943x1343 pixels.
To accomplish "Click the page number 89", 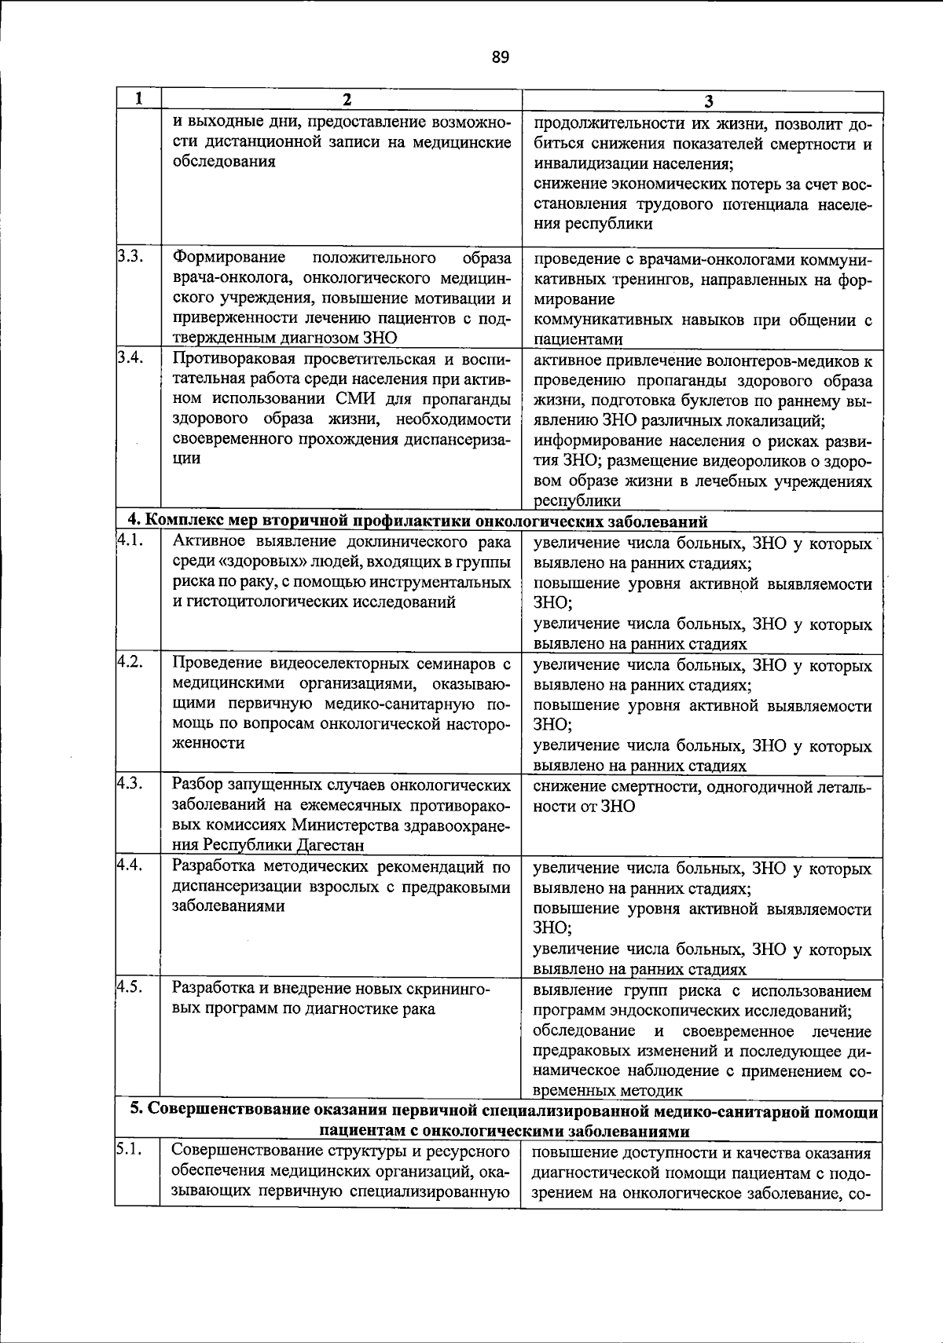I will [x=501, y=57].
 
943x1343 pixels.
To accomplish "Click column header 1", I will [x=138, y=99].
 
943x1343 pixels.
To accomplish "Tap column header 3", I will [x=708, y=101].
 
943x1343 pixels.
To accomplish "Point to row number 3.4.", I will [x=130, y=358].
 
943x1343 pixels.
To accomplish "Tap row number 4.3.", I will [x=130, y=783].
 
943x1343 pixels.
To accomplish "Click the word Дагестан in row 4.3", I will [x=331, y=845].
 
